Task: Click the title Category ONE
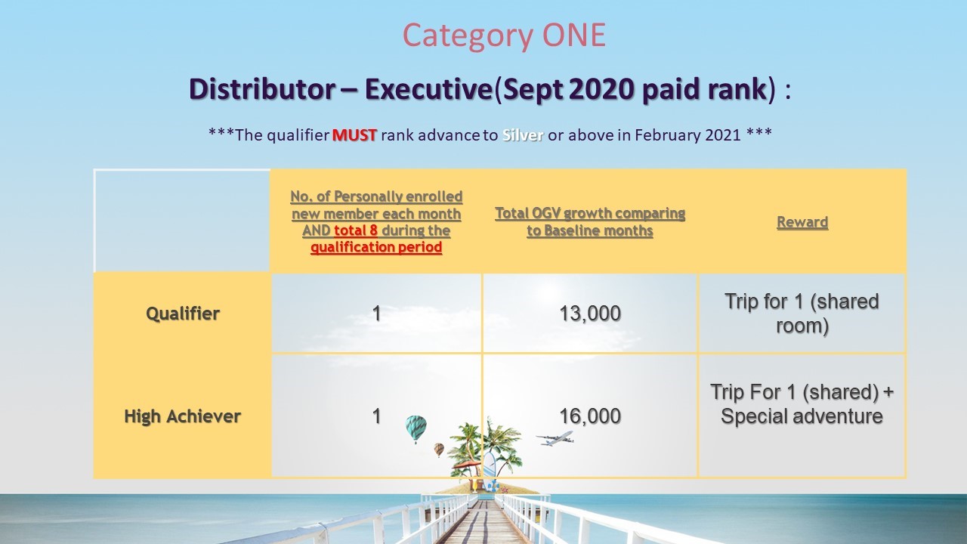pyautogui.click(x=504, y=36)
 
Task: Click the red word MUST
pyautogui.click(x=354, y=135)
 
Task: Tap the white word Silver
pyautogui.click(x=522, y=135)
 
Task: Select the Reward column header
pyautogui.click(x=802, y=222)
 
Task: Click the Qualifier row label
pyautogui.click(x=183, y=314)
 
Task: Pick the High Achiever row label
pyautogui.click(x=182, y=416)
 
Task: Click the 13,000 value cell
pyautogui.click(x=590, y=314)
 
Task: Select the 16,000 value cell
pyautogui.click(x=590, y=416)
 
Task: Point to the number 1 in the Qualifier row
pyautogui.click(x=376, y=314)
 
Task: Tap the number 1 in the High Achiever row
pyautogui.click(x=376, y=416)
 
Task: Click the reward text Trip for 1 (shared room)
pyautogui.click(x=802, y=314)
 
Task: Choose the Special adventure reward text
pyautogui.click(x=802, y=416)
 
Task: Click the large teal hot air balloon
pyautogui.click(x=416, y=428)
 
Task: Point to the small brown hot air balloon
pyautogui.click(x=439, y=450)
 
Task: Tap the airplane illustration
pyautogui.click(x=555, y=438)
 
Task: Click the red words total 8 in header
pyautogui.click(x=356, y=230)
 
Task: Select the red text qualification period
pyautogui.click(x=376, y=247)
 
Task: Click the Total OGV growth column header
pyautogui.click(x=590, y=222)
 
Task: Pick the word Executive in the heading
pyautogui.click(x=428, y=89)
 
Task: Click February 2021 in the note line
pyautogui.click(x=687, y=135)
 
